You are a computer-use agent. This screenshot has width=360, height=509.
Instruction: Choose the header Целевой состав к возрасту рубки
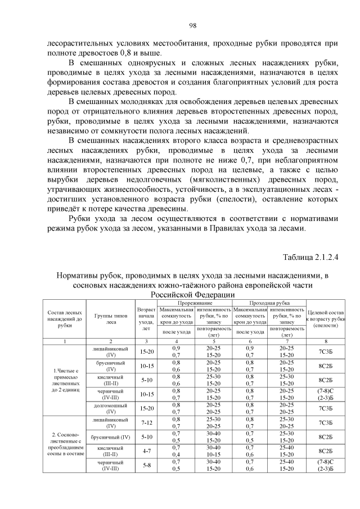coord(326,319)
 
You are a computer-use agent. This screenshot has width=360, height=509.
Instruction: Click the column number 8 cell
coord(326,341)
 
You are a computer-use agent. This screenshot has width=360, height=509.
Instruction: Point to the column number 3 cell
coord(146,341)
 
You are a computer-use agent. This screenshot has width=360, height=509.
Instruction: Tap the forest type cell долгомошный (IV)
coord(110,407)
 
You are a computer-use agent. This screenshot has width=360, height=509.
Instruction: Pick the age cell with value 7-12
coord(146,422)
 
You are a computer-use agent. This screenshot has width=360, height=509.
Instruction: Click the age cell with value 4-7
coord(146,451)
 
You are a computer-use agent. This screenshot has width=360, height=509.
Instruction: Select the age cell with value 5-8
coord(146,465)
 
